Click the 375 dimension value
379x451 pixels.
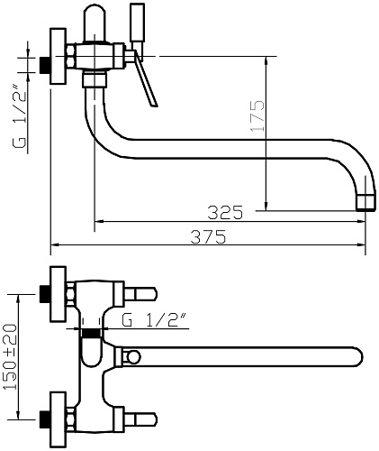click(208, 237)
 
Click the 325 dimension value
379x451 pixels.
click(225, 212)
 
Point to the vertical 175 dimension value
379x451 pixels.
click(257, 115)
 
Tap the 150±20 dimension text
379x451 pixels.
click(10, 356)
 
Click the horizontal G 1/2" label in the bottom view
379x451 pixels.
click(154, 320)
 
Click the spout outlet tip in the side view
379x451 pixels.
click(365, 202)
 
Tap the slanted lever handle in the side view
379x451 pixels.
click(146, 78)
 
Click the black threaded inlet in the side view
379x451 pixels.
click(45, 65)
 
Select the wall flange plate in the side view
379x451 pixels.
click(59, 56)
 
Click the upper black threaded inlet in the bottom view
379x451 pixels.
click(45, 294)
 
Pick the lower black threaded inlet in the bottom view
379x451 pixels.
click(45, 419)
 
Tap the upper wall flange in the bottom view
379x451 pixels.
click(59, 294)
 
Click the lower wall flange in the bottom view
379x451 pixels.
click(59, 419)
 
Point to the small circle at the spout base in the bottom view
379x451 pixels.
click(133, 357)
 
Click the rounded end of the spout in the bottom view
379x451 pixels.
click(357, 357)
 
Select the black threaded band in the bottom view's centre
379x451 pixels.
click(92, 333)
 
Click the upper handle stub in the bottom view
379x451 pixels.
click(140, 294)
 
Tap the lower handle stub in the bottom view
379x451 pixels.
click(140, 419)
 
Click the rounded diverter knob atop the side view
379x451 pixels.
click(95, 23)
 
